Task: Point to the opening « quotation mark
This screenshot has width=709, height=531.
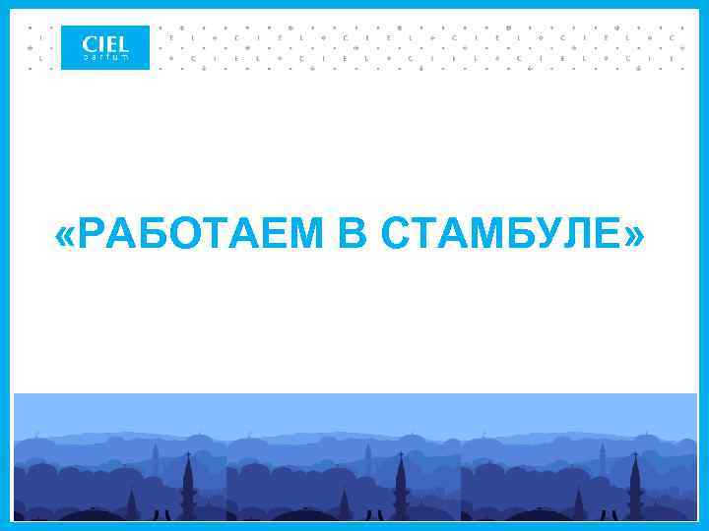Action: tap(67, 236)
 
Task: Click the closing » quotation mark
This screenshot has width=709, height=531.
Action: tap(635, 236)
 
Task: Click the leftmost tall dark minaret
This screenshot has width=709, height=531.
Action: tap(188, 487)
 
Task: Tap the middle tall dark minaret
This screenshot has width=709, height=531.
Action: tap(401, 487)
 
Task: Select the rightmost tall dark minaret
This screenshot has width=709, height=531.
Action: tap(635, 487)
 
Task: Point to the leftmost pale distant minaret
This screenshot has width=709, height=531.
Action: tap(155, 458)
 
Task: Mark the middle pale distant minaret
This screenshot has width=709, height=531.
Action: tap(367, 458)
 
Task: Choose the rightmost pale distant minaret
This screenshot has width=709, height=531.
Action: tap(602, 458)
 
